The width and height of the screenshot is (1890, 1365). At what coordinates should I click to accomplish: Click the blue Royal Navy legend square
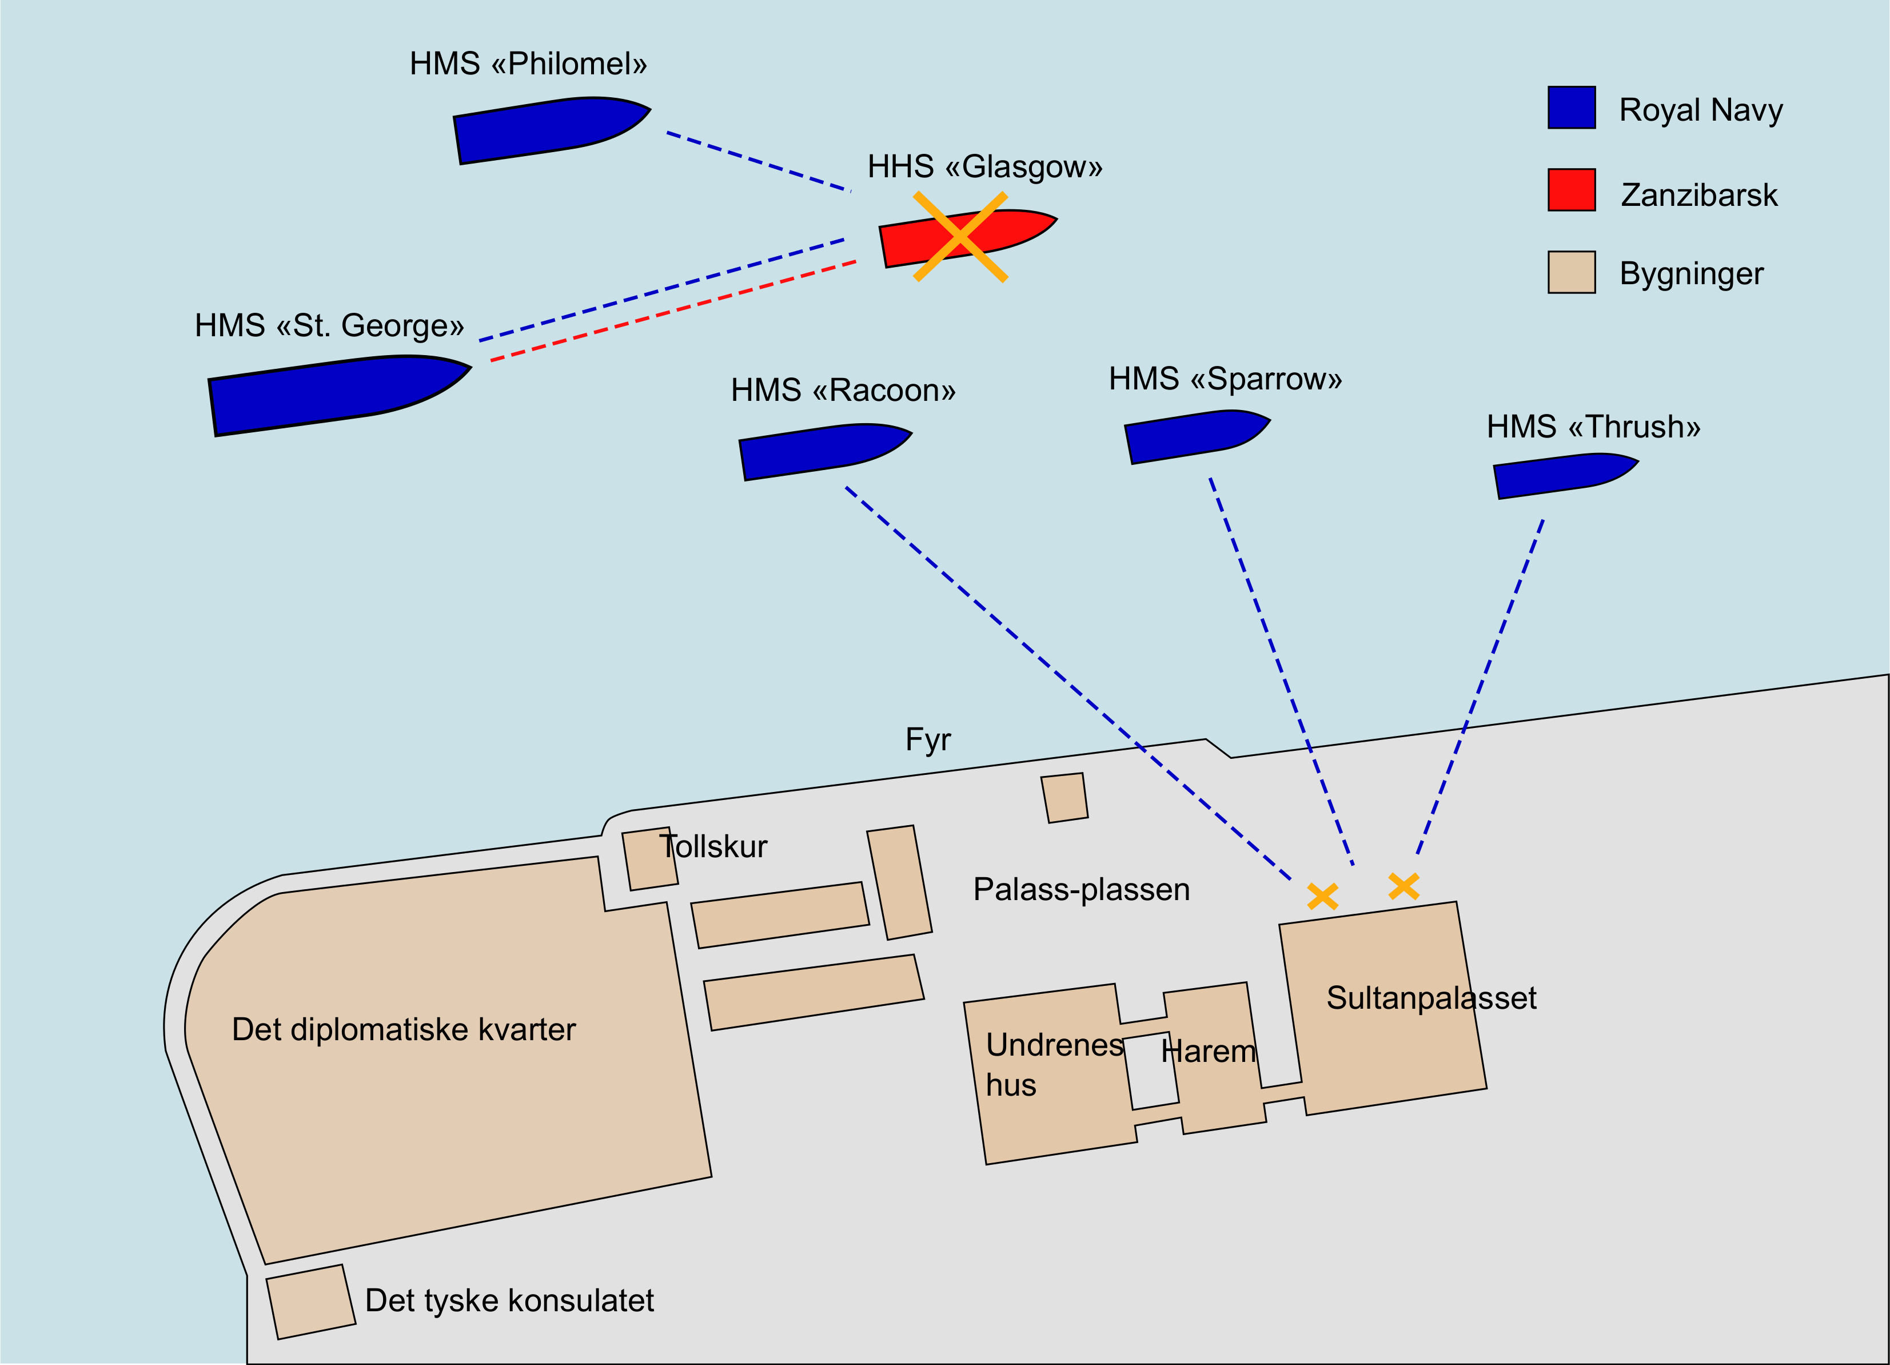point(1572,108)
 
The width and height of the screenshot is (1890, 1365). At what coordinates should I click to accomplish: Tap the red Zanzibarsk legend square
point(1572,190)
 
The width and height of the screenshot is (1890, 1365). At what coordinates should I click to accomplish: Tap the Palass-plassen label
point(1081,890)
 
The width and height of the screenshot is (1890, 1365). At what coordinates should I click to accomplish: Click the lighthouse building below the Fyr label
point(1064,798)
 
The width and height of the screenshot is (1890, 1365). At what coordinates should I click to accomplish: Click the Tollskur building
point(649,859)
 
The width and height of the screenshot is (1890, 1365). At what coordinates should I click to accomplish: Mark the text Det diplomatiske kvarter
point(404,1030)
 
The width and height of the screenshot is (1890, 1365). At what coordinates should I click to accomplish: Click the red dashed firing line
point(673,311)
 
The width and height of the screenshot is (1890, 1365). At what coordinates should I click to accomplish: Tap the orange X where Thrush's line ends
point(1404,886)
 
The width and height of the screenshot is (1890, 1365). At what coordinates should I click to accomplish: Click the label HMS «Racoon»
point(843,391)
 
